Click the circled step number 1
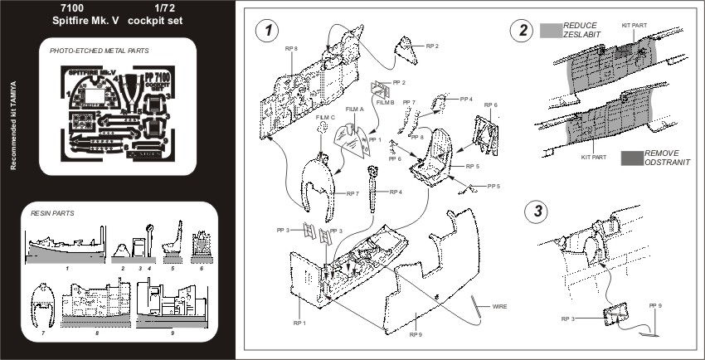[265, 32]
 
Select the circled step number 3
[540, 209]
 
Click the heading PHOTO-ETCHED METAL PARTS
[100, 51]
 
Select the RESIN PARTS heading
[52, 213]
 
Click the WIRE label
[499, 307]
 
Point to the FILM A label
[355, 109]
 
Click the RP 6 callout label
[490, 105]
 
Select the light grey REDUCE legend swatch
[550, 31]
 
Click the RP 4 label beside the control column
[395, 192]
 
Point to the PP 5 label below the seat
[494, 186]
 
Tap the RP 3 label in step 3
[567, 319]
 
